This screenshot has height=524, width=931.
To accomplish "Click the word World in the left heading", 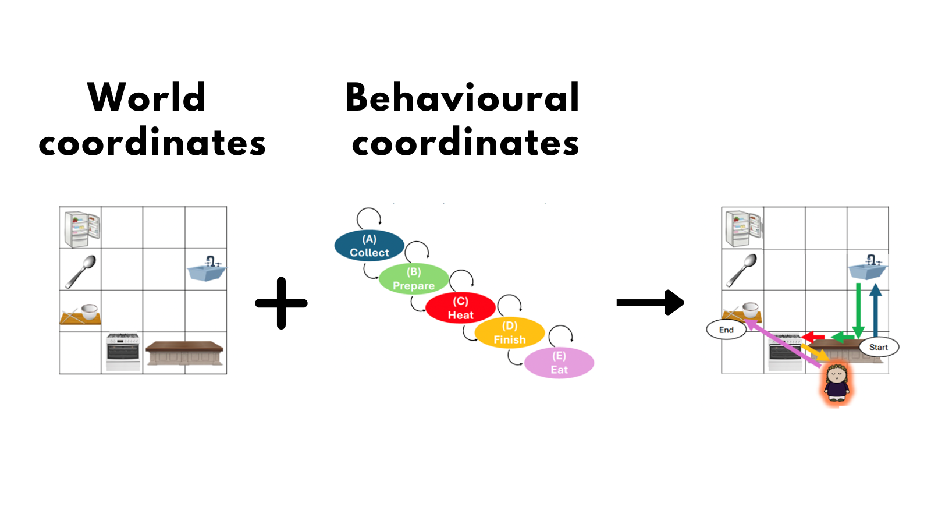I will (147, 97).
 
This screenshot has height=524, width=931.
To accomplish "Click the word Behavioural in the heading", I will (463, 97).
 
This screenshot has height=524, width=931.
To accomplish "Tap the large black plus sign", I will (281, 303).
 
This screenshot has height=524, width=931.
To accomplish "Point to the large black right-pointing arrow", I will (651, 302).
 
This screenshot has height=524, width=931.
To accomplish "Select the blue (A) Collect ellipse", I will (369, 246).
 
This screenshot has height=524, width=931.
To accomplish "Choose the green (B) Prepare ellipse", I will (414, 279).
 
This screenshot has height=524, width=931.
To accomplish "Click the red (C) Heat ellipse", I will (460, 308).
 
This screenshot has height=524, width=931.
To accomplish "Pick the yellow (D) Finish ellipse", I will (510, 332).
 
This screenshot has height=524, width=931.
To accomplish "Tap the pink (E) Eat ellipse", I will (559, 363).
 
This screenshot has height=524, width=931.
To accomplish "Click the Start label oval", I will (879, 347).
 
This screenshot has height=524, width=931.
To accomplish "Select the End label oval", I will (726, 330).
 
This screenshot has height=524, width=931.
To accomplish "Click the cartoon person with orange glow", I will (837, 383).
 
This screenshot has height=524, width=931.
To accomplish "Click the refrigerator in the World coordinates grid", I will (81, 228).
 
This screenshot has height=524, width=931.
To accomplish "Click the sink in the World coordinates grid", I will (207, 269).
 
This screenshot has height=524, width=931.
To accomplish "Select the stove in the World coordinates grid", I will (122, 352).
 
